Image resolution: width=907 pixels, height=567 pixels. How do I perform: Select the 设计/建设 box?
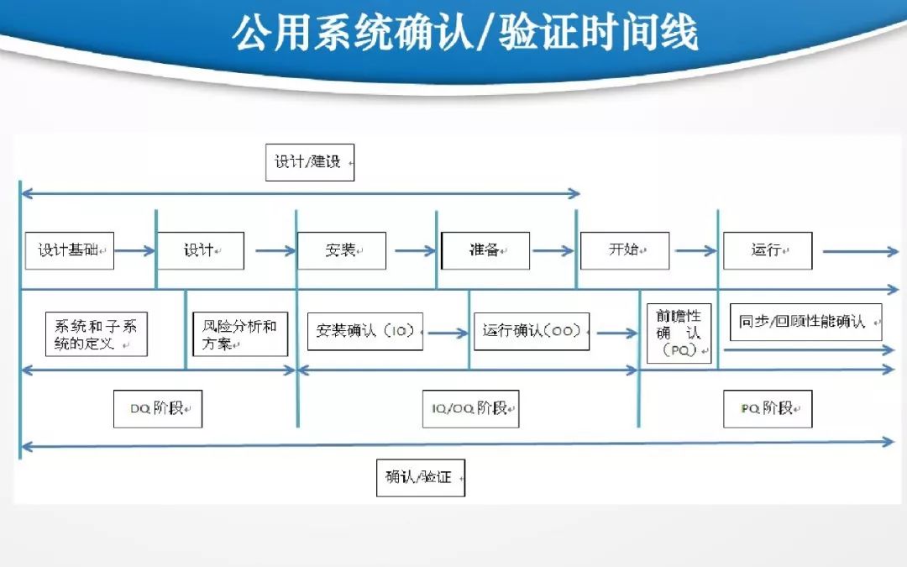point(310,162)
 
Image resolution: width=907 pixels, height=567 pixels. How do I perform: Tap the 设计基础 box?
point(70,250)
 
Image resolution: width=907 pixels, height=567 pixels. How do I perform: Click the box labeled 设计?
point(201,250)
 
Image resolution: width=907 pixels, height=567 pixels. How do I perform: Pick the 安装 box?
point(342,250)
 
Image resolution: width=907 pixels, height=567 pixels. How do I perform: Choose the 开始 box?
point(625,250)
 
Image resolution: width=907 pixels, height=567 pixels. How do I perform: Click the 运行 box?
point(768,250)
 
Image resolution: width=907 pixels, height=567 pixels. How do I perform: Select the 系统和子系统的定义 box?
point(97,334)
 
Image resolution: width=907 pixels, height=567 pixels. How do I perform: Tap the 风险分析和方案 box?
point(240,334)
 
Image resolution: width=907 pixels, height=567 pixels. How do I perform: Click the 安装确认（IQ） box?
point(365,332)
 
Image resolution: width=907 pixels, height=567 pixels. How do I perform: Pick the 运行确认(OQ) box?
point(532,332)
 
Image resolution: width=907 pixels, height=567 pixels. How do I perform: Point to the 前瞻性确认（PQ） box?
point(679,334)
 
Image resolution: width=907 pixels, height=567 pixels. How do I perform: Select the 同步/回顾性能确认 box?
point(805,323)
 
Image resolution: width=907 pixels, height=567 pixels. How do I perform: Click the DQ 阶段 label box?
point(158,409)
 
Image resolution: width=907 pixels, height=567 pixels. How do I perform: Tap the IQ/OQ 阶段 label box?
point(470,409)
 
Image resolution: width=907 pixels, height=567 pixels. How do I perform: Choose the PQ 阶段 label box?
point(768,409)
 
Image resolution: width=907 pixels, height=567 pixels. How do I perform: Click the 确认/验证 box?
point(420,478)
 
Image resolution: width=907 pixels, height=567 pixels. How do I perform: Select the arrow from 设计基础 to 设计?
point(135,250)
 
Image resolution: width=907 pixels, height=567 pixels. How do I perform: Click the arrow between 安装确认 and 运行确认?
point(448,333)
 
